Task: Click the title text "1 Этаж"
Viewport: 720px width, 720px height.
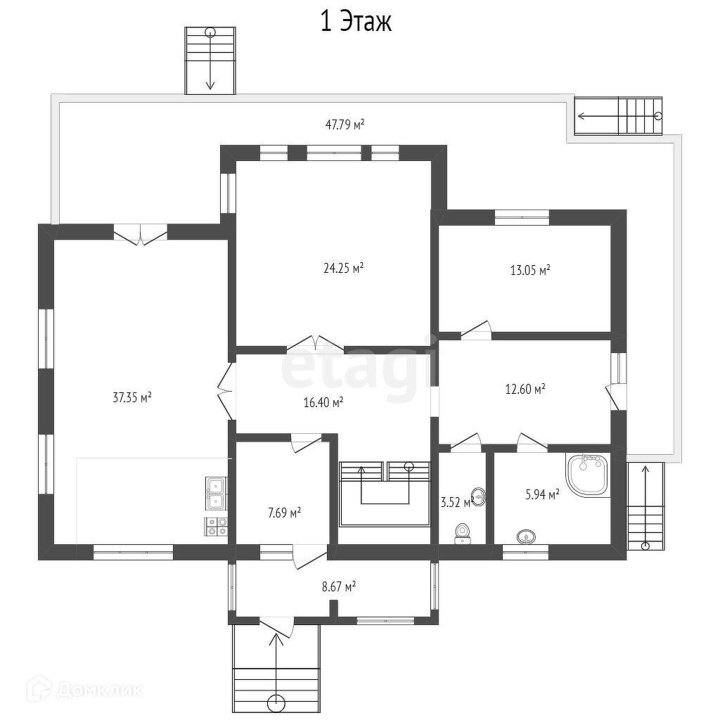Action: (x=356, y=22)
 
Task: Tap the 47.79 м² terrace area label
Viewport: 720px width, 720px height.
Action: (x=345, y=124)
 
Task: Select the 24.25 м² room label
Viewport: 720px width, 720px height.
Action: (x=343, y=268)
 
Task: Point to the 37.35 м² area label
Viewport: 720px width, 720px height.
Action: (x=132, y=397)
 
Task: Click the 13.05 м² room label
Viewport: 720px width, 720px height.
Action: (x=530, y=270)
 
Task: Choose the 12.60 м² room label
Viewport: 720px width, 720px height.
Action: (x=525, y=390)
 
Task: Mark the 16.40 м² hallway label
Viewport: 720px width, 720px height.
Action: (x=323, y=403)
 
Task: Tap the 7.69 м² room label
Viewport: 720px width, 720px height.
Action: (x=284, y=513)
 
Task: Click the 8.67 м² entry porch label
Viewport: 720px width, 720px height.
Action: (x=340, y=587)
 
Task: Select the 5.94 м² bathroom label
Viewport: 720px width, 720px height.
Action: (x=542, y=494)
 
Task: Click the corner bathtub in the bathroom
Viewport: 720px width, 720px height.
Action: (x=589, y=475)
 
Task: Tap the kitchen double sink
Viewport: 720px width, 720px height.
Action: (x=216, y=494)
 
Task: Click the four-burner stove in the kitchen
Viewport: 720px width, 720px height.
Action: (x=216, y=526)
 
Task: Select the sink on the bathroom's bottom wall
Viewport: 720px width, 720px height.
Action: (x=525, y=536)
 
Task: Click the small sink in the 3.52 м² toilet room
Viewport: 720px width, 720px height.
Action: (x=478, y=497)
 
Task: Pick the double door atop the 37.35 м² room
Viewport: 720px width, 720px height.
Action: (x=141, y=234)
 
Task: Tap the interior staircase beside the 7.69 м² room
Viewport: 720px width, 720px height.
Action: (x=385, y=494)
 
